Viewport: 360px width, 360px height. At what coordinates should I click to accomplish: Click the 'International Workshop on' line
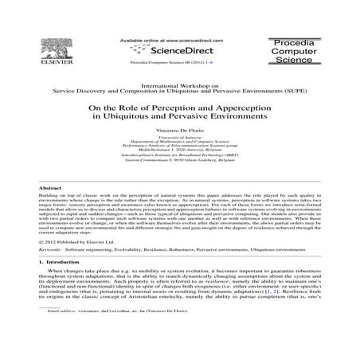179,83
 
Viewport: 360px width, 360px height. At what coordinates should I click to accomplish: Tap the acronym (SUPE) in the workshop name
296,90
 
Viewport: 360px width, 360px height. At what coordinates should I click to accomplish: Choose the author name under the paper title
179,129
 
